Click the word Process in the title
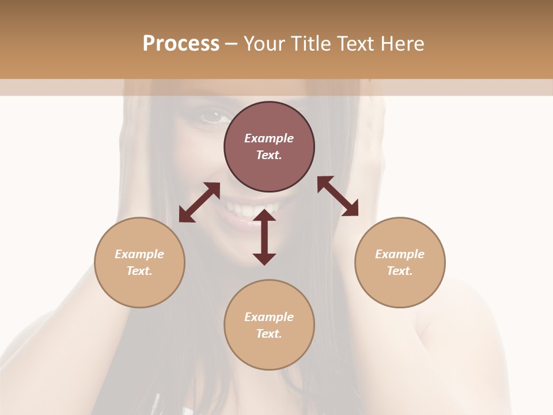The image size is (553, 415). [181, 44]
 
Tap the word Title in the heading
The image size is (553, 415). [309, 44]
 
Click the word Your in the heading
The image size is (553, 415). [264, 44]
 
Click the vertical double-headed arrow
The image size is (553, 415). [264, 237]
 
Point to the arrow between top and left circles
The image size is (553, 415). [199, 202]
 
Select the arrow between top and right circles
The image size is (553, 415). [338, 196]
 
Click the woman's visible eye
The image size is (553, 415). [214, 117]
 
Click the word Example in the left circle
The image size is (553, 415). [139, 254]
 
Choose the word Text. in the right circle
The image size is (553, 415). [400, 271]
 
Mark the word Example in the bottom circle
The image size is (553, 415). [269, 317]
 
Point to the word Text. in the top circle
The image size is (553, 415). [269, 155]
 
